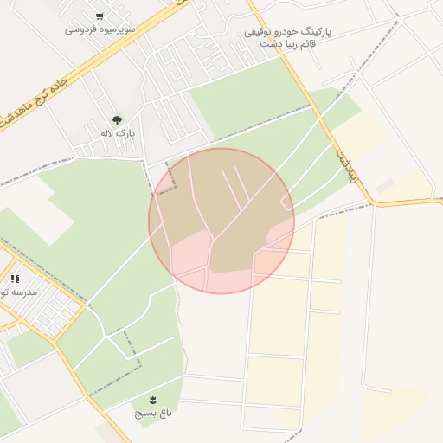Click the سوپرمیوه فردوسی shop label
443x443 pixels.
(x=100, y=29)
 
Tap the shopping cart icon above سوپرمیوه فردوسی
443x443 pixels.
(x=100, y=16)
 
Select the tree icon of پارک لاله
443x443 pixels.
(x=117, y=119)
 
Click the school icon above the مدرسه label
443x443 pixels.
(x=14, y=279)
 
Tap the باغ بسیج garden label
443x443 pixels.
(x=153, y=414)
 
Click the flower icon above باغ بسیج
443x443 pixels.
(x=153, y=399)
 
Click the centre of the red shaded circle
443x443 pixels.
(x=221, y=221)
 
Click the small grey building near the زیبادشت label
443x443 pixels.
(x=385, y=185)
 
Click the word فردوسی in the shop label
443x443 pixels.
(x=81, y=29)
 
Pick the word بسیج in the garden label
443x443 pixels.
(x=144, y=414)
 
